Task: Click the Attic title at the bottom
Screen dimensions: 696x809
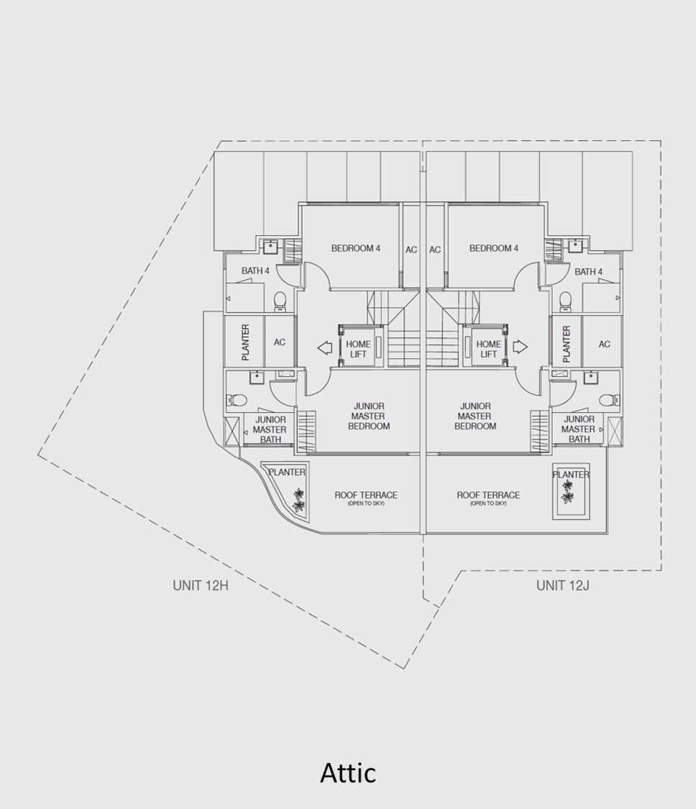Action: coord(348,772)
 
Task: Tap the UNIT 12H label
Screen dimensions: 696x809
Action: coord(201,585)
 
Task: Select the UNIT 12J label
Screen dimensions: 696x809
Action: coord(562,585)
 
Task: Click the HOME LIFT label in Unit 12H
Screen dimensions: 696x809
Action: coord(358,349)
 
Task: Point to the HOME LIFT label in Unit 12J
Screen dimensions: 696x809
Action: coord(489,349)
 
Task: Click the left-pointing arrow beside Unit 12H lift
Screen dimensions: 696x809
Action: coord(325,348)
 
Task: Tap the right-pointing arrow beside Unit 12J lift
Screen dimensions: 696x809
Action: coord(520,346)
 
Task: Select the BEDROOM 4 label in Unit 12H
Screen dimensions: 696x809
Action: coord(356,248)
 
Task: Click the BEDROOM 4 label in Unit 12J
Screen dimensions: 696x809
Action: coord(494,248)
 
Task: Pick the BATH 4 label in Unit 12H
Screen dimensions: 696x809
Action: coord(255,270)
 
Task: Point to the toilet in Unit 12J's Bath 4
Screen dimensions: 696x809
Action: coord(566,301)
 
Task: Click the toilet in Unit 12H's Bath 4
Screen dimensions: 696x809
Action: coord(280,302)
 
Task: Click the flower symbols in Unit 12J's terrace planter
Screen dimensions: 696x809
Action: coord(568,492)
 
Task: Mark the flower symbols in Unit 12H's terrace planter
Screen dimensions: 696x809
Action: coord(298,500)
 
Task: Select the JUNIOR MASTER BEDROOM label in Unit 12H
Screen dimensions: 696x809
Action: coord(369,416)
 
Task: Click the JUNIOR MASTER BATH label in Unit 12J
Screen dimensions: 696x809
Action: coord(579,429)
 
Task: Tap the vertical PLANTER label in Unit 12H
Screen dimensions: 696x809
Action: coord(246,342)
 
